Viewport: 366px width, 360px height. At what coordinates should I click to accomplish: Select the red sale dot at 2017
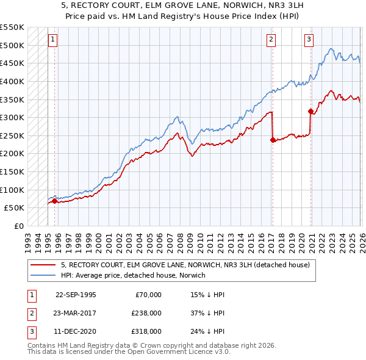(x=272, y=140)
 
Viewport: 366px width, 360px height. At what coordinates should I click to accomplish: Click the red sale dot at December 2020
(x=310, y=111)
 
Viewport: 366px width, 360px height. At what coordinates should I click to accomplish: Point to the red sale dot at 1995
(x=54, y=200)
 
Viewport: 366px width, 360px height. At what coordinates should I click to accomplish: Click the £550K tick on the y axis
(x=12, y=27)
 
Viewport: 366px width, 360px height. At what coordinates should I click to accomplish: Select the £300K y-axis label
(x=12, y=117)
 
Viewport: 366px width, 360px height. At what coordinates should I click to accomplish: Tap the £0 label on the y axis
(x=19, y=226)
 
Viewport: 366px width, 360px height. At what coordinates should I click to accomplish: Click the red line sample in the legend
(x=43, y=265)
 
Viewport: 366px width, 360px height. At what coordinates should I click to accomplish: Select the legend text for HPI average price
(x=133, y=275)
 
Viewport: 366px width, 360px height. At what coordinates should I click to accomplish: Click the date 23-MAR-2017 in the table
(x=75, y=312)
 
